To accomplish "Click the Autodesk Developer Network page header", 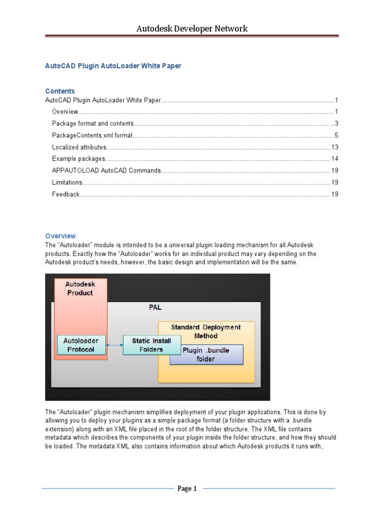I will tap(192, 28).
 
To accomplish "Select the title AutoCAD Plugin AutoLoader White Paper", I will tap(113, 66).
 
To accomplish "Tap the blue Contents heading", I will tap(60, 91).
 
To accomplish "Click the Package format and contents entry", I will tap(92, 123).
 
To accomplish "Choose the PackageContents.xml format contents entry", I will tap(92, 135).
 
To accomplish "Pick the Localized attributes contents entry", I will tap(79, 147).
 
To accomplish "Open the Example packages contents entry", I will tap(78, 159).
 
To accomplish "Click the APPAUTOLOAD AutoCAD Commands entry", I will tap(106, 170).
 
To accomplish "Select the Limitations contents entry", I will tap(67, 182).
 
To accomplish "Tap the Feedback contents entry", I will tap(65, 194).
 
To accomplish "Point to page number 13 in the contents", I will tap(335, 147).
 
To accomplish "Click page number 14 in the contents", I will tap(335, 159).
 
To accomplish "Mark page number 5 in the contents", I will tap(336, 135).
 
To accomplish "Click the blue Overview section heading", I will tap(60, 235).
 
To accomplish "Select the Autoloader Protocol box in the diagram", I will tap(80, 345).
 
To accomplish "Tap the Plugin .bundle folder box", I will tap(206, 354).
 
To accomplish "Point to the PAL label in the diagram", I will tap(155, 307).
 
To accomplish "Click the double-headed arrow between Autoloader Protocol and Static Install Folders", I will tap(115, 345).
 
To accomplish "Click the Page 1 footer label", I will tap(187, 488).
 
